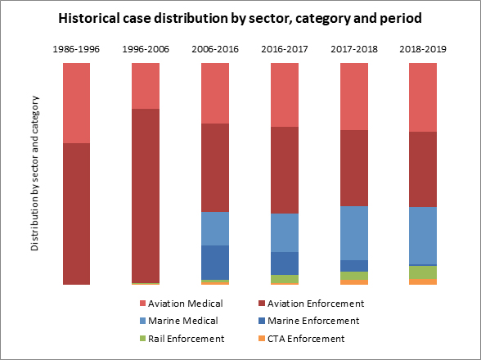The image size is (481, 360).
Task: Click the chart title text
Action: (x=240, y=17)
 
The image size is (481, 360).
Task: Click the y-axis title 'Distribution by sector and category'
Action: (x=35, y=173)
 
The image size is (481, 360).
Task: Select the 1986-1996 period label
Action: (x=76, y=48)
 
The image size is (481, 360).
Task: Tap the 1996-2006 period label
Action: (x=146, y=48)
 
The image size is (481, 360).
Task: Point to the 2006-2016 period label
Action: (x=215, y=48)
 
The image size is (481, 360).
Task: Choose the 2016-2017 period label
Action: (x=284, y=48)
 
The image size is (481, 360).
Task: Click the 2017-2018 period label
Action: (x=353, y=48)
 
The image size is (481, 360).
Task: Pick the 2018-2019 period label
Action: (x=422, y=48)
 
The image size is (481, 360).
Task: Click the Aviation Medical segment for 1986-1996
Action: (x=76, y=102)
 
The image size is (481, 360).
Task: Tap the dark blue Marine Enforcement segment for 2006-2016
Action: (x=215, y=262)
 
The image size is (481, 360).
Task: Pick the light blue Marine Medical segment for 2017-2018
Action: (x=353, y=232)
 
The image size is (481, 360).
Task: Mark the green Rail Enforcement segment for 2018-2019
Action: (x=422, y=272)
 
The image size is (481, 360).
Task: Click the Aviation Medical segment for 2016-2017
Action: (x=284, y=94)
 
